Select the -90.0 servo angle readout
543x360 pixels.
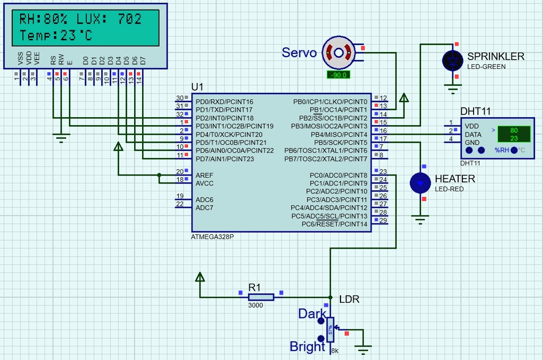click(x=338, y=75)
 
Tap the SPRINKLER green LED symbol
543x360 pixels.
click(x=452, y=60)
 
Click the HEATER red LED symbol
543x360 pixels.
click(x=421, y=182)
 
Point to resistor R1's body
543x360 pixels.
click(x=261, y=297)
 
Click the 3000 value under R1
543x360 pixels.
click(x=255, y=306)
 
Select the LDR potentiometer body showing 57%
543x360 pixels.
click(x=330, y=329)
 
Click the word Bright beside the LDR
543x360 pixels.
click(x=307, y=347)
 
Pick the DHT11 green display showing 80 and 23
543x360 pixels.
click(x=513, y=134)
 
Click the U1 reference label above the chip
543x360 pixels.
click(x=197, y=87)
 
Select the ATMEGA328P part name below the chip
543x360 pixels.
click(x=212, y=237)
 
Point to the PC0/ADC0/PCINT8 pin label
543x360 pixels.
click(x=338, y=175)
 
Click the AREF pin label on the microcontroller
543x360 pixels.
click(x=204, y=175)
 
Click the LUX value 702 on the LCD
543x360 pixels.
click(x=130, y=19)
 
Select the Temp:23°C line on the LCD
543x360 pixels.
click(x=56, y=36)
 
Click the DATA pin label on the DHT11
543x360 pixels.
click(x=473, y=135)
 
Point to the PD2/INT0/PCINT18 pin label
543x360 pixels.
click(x=224, y=118)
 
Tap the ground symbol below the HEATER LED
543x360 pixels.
click(x=421, y=218)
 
